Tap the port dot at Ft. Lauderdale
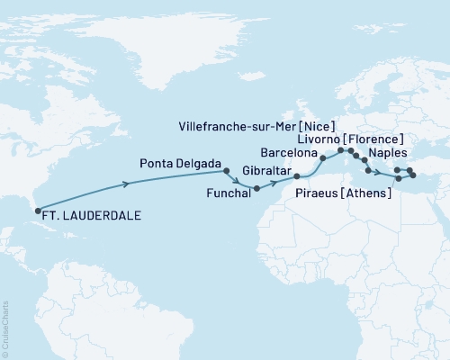tap(38, 211)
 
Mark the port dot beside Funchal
tap(257, 188)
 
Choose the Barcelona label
tap(286, 153)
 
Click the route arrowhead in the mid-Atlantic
tap(126, 184)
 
